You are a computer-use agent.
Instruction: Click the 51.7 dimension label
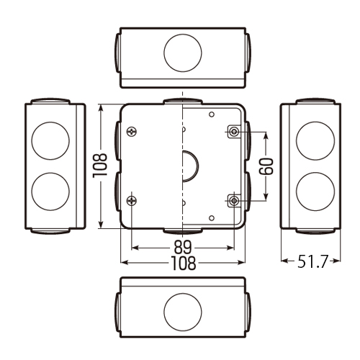click(312, 261)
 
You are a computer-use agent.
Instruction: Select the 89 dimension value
click(183, 247)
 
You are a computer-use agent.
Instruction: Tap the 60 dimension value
click(266, 166)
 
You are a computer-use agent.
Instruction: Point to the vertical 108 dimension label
click(100, 166)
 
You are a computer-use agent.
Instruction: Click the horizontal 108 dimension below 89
click(183, 263)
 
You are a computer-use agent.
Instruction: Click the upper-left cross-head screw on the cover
click(132, 132)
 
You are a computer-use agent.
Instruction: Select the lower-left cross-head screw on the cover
click(132, 200)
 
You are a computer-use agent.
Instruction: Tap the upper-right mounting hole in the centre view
click(234, 132)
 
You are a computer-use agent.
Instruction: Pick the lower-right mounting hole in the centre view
click(234, 200)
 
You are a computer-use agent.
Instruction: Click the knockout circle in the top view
click(183, 53)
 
